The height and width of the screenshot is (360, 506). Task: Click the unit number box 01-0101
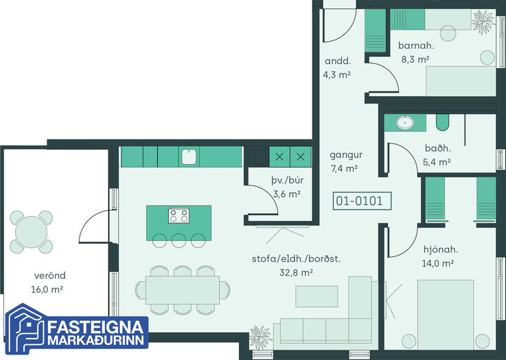(x=362, y=201)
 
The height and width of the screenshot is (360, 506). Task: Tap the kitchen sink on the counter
(x=189, y=157)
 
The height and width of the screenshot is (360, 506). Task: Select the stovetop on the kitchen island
(x=179, y=215)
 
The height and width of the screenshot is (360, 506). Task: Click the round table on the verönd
(x=32, y=232)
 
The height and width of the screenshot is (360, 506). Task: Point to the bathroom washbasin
(x=405, y=123)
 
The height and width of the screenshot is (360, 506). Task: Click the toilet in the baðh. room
(x=442, y=122)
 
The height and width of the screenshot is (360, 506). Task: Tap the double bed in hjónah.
(x=446, y=315)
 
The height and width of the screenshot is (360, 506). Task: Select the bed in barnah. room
(x=461, y=81)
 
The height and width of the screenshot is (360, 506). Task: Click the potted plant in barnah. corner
(x=483, y=22)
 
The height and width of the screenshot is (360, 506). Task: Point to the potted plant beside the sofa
(x=260, y=337)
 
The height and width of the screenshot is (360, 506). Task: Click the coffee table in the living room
(x=317, y=296)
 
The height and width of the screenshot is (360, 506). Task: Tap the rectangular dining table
(x=183, y=290)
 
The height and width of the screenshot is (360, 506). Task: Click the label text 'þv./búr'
(x=287, y=180)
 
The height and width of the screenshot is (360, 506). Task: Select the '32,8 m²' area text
(x=296, y=273)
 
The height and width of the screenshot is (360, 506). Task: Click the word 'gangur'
(x=346, y=155)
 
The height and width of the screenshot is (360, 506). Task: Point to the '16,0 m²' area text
(x=47, y=289)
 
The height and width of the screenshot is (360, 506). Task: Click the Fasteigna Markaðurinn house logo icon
(x=25, y=328)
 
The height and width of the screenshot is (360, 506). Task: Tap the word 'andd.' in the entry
(x=338, y=61)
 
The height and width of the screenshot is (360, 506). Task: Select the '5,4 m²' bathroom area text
(x=437, y=162)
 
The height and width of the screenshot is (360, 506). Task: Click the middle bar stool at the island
(x=179, y=240)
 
